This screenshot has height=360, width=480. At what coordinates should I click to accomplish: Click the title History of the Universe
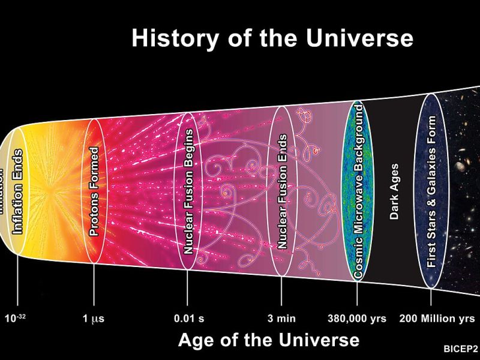pyautogui.click(x=272, y=38)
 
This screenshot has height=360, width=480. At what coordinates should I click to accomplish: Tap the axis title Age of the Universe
pyautogui.click(x=269, y=340)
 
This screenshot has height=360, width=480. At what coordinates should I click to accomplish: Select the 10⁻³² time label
pyautogui.click(x=15, y=318)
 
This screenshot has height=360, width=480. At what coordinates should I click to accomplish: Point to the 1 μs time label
pyautogui.click(x=93, y=319)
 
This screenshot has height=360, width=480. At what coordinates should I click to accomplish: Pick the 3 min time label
pyautogui.click(x=281, y=319)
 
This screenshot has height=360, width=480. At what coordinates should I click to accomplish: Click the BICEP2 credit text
pyautogui.click(x=461, y=349)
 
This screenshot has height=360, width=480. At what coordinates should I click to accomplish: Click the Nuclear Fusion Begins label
pyautogui.click(x=188, y=191)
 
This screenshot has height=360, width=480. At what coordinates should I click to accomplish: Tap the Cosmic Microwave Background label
pyautogui.click(x=358, y=191)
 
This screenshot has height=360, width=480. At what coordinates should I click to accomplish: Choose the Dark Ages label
pyautogui.click(x=394, y=191)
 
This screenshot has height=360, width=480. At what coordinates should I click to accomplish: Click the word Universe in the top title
pyautogui.click(x=359, y=38)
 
